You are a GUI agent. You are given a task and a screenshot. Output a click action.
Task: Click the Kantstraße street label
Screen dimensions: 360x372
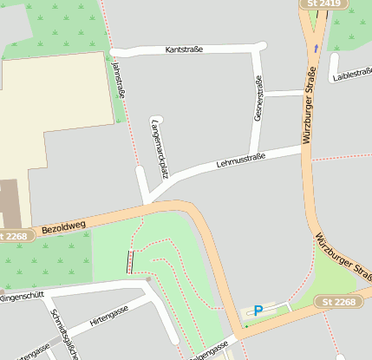(184, 49)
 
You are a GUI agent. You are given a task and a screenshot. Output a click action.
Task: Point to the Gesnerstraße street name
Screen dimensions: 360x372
(258, 97)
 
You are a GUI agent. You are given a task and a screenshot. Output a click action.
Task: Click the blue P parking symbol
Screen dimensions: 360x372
(258, 310)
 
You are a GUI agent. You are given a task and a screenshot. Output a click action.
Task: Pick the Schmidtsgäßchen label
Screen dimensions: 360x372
(62, 333)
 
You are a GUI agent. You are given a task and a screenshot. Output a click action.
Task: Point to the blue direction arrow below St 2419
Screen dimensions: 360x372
(317, 49)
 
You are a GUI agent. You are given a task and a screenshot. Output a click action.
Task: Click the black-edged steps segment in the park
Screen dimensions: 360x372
(131, 261)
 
